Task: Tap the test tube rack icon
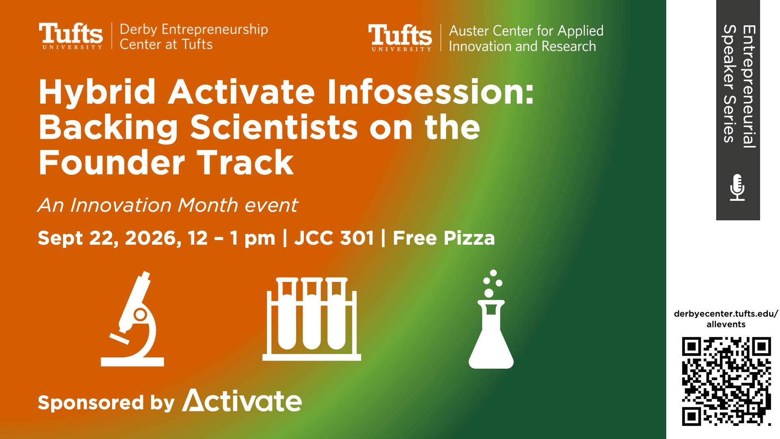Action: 312,319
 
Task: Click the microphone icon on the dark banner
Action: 737,187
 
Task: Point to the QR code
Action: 726,381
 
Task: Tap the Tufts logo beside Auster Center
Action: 400,38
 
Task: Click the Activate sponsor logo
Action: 242,401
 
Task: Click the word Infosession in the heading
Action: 431,92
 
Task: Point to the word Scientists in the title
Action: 274,127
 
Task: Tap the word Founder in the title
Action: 112,163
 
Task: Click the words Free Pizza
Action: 444,238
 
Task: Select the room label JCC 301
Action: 334,238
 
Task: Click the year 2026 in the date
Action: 153,239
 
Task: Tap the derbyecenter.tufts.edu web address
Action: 726,319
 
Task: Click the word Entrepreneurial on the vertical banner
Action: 749,87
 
